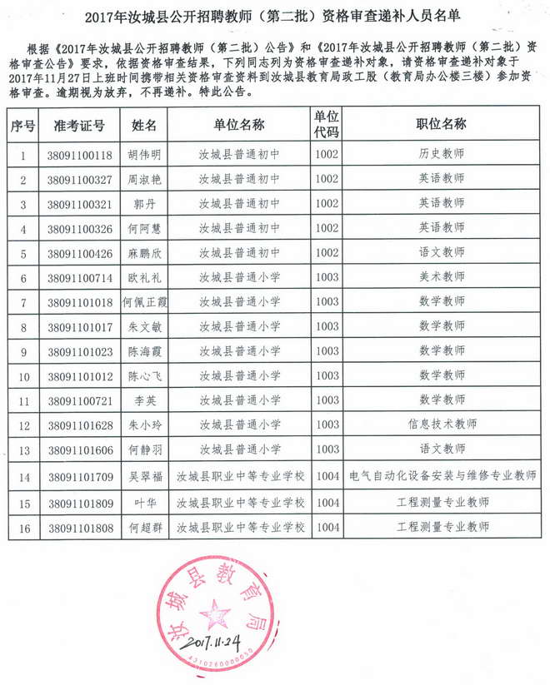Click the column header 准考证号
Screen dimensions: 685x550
click(80, 125)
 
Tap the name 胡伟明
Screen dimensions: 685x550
click(144, 155)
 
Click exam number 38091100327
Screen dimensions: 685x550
click(80, 179)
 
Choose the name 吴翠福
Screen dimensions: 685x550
click(144, 477)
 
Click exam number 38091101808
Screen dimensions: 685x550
click(80, 527)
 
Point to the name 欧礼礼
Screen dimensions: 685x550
click(144, 277)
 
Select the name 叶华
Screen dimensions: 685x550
click(144, 502)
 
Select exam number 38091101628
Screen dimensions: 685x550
click(80, 424)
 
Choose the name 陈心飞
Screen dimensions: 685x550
click(144, 375)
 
